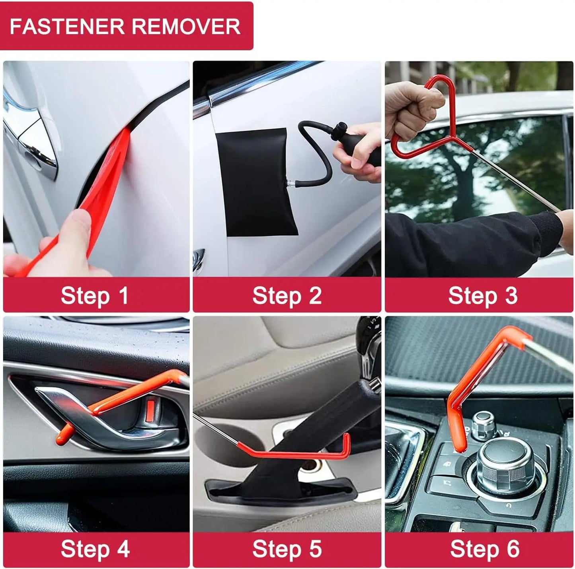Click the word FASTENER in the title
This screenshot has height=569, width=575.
(x=67, y=27)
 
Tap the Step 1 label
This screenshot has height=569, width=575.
(x=95, y=296)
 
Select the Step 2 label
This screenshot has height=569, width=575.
(x=287, y=296)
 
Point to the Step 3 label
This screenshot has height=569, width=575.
(x=483, y=296)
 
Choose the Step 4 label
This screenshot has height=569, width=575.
(x=95, y=549)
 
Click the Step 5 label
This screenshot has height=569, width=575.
(x=287, y=549)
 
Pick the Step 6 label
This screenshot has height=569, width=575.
(x=485, y=549)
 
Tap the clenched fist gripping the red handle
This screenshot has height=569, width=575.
(x=410, y=107)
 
